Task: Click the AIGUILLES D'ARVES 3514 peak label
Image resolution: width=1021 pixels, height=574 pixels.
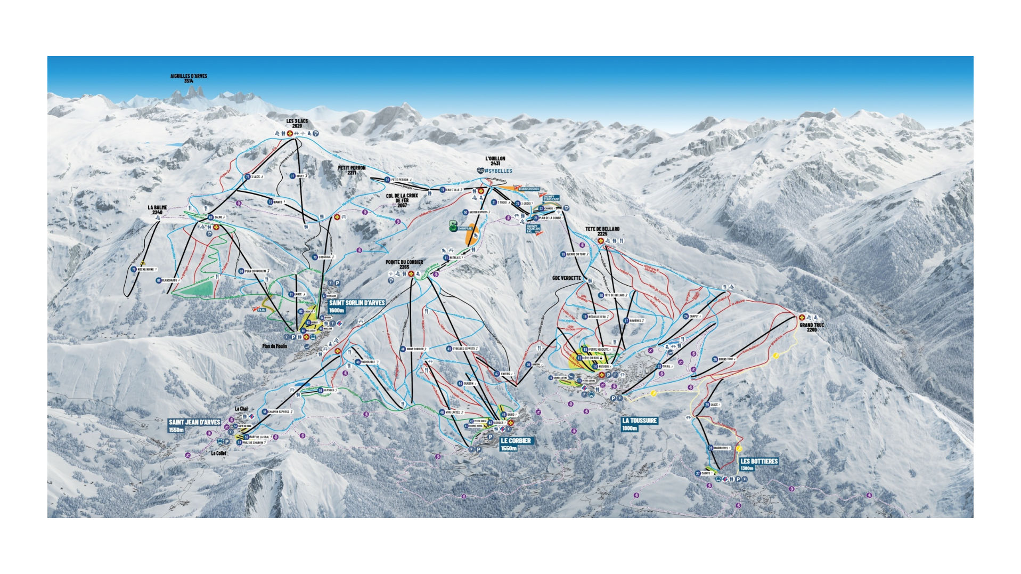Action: (189, 78)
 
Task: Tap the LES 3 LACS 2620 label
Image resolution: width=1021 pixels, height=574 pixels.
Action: (297, 123)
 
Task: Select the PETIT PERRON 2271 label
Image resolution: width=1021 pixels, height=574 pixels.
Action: (352, 170)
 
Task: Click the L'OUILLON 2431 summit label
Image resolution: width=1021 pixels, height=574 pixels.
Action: (495, 161)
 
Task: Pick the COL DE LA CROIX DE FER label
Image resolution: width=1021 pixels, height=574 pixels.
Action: (402, 200)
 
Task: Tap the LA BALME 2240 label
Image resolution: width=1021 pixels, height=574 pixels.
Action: (157, 210)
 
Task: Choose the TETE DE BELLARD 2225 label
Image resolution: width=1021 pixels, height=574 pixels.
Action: (602, 231)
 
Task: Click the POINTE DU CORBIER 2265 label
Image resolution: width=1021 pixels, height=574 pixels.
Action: (404, 264)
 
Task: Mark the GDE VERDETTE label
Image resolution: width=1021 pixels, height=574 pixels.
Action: (566, 278)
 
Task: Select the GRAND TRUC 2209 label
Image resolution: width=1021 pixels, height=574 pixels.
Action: (811, 327)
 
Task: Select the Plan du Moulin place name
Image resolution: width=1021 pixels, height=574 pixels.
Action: (274, 346)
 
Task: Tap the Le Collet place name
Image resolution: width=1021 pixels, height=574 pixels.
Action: (218, 454)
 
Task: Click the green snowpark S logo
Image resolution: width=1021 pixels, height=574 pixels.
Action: (453, 225)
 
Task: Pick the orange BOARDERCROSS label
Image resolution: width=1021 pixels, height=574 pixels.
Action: (528, 189)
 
